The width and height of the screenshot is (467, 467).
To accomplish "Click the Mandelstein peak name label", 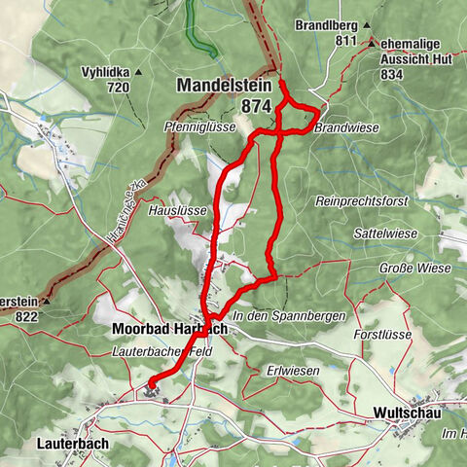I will point(224,86).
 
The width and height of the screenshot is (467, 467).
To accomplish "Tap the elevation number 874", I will point(258,105).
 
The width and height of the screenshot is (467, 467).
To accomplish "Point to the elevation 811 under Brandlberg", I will point(346,41).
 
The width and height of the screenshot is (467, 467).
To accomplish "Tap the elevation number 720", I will point(119,88).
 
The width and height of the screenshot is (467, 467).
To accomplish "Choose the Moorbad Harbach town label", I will point(169,329).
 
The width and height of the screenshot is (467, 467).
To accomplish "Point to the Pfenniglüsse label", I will point(200,126).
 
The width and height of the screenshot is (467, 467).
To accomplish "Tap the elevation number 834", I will point(392,74).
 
